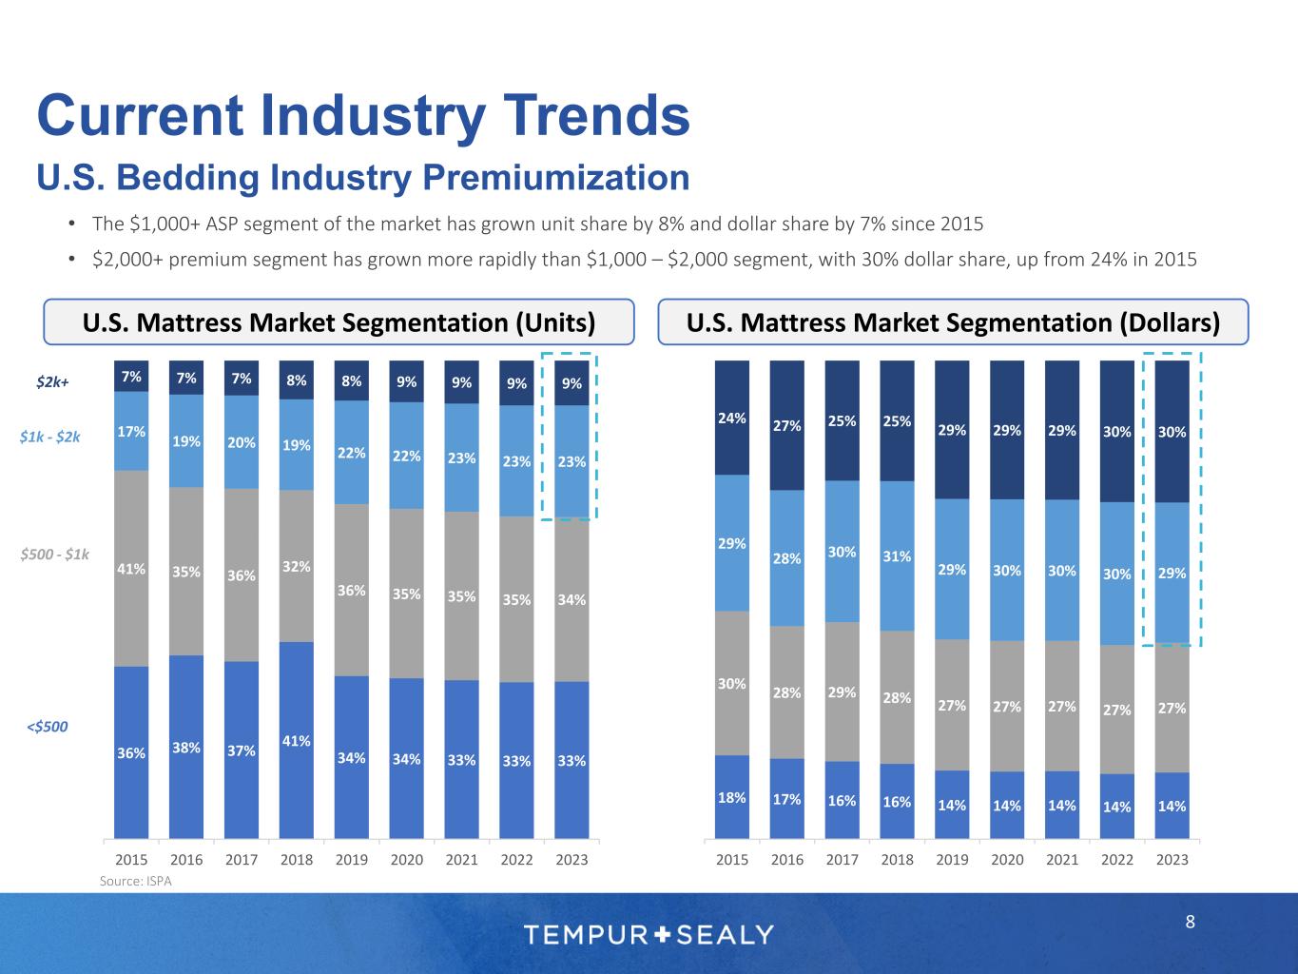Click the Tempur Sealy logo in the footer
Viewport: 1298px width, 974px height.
[x=649, y=934]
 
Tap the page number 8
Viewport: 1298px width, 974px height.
[x=1190, y=922]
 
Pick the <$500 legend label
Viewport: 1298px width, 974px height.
[x=47, y=727]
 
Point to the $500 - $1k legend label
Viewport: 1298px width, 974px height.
[x=55, y=555]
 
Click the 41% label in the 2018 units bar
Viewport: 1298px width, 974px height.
[x=297, y=740]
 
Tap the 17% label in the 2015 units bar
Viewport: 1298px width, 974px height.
[x=131, y=431]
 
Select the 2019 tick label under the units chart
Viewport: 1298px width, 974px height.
[x=352, y=860]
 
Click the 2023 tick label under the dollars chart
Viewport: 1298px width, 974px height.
[x=1172, y=860]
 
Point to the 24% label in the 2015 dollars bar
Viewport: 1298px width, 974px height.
[x=731, y=417]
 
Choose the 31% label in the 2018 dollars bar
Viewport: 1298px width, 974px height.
[x=897, y=555]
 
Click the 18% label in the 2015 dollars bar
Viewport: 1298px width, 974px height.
[x=731, y=798]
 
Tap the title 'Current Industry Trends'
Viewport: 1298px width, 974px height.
[x=363, y=116]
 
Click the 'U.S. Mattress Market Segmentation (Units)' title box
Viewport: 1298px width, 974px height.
[x=339, y=322]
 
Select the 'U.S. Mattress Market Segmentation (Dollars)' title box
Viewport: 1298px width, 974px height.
[x=953, y=322]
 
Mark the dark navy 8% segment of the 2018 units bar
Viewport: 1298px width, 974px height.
[x=297, y=380]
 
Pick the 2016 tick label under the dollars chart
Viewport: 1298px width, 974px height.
[x=786, y=860]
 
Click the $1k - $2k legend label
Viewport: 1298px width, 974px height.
[x=50, y=438]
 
